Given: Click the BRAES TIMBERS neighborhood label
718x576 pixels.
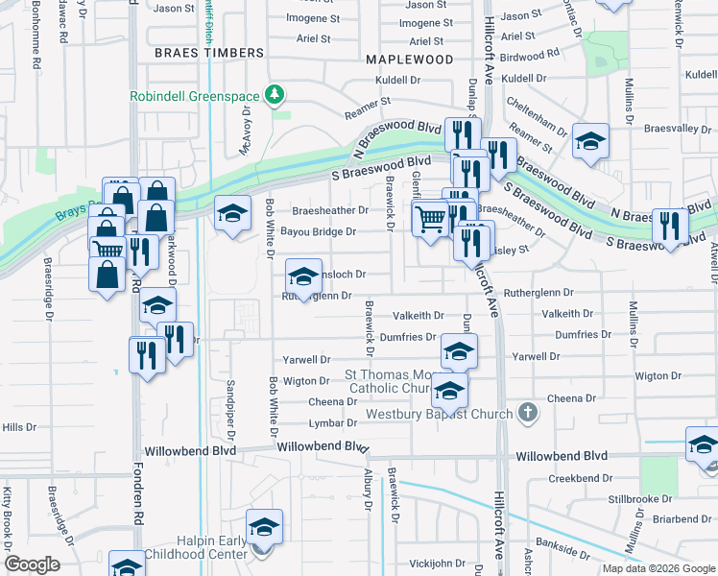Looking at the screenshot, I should pos(208,54).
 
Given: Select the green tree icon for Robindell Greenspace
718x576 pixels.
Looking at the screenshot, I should pos(275,94).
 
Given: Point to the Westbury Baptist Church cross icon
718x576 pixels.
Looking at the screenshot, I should pos(526,414).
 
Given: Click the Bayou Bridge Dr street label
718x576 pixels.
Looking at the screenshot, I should pos(318,231).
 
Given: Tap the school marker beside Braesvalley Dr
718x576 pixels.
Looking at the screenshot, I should pos(590,140).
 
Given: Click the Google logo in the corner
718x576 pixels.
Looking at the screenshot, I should pos(32,564).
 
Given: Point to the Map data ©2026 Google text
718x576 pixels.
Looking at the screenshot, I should pos(659,568).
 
